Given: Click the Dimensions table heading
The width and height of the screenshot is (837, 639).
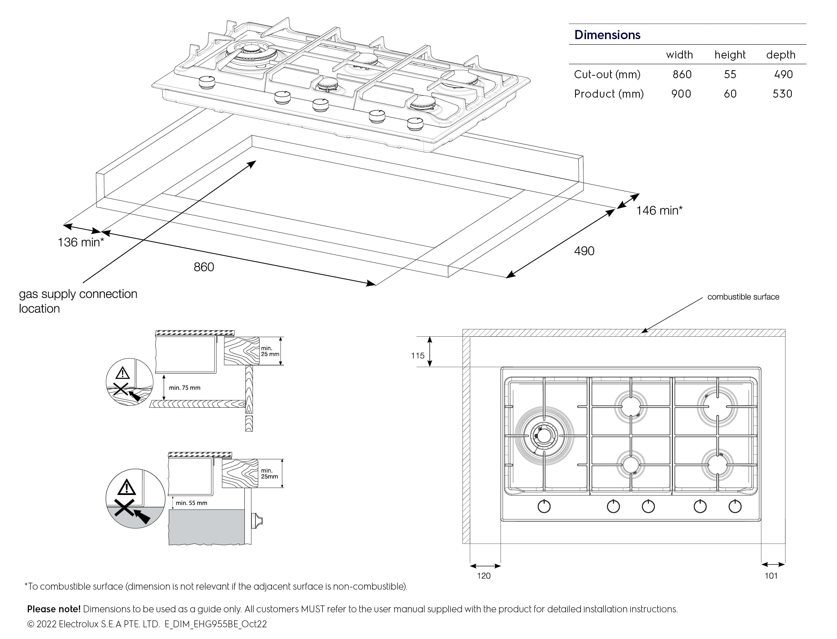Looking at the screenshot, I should click(607, 35).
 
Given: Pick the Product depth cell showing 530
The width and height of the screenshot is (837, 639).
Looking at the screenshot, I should click(782, 94).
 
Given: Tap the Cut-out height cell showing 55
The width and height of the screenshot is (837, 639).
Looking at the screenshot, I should click(730, 74).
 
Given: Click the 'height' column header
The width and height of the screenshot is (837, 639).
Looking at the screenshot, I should click(730, 55).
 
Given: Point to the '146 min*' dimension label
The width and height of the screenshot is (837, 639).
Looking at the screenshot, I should click(659, 210).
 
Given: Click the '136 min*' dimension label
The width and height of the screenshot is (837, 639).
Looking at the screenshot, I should click(81, 242).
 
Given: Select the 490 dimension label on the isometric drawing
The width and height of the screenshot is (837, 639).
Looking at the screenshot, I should click(584, 251).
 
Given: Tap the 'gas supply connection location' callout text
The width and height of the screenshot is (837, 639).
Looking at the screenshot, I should click(78, 301).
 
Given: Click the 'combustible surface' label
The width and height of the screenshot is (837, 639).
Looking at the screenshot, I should click(743, 297).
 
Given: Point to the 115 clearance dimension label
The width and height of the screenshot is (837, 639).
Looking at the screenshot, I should click(417, 356).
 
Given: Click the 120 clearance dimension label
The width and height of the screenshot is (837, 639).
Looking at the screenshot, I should click(483, 576).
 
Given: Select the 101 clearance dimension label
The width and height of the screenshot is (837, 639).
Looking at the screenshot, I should click(771, 576).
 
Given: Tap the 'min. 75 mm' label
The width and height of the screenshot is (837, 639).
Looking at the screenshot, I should click(184, 387).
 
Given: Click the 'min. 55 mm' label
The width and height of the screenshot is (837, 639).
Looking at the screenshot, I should click(191, 503).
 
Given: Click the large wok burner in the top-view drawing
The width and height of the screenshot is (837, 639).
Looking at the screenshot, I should click(544, 436).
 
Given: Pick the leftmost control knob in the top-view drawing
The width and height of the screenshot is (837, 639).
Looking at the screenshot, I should click(544, 507).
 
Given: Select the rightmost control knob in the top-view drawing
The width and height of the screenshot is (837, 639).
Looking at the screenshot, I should click(735, 507).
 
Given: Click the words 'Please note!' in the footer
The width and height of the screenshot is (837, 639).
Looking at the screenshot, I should click(54, 609).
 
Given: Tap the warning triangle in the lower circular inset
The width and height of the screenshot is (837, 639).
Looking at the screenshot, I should click(126, 487).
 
